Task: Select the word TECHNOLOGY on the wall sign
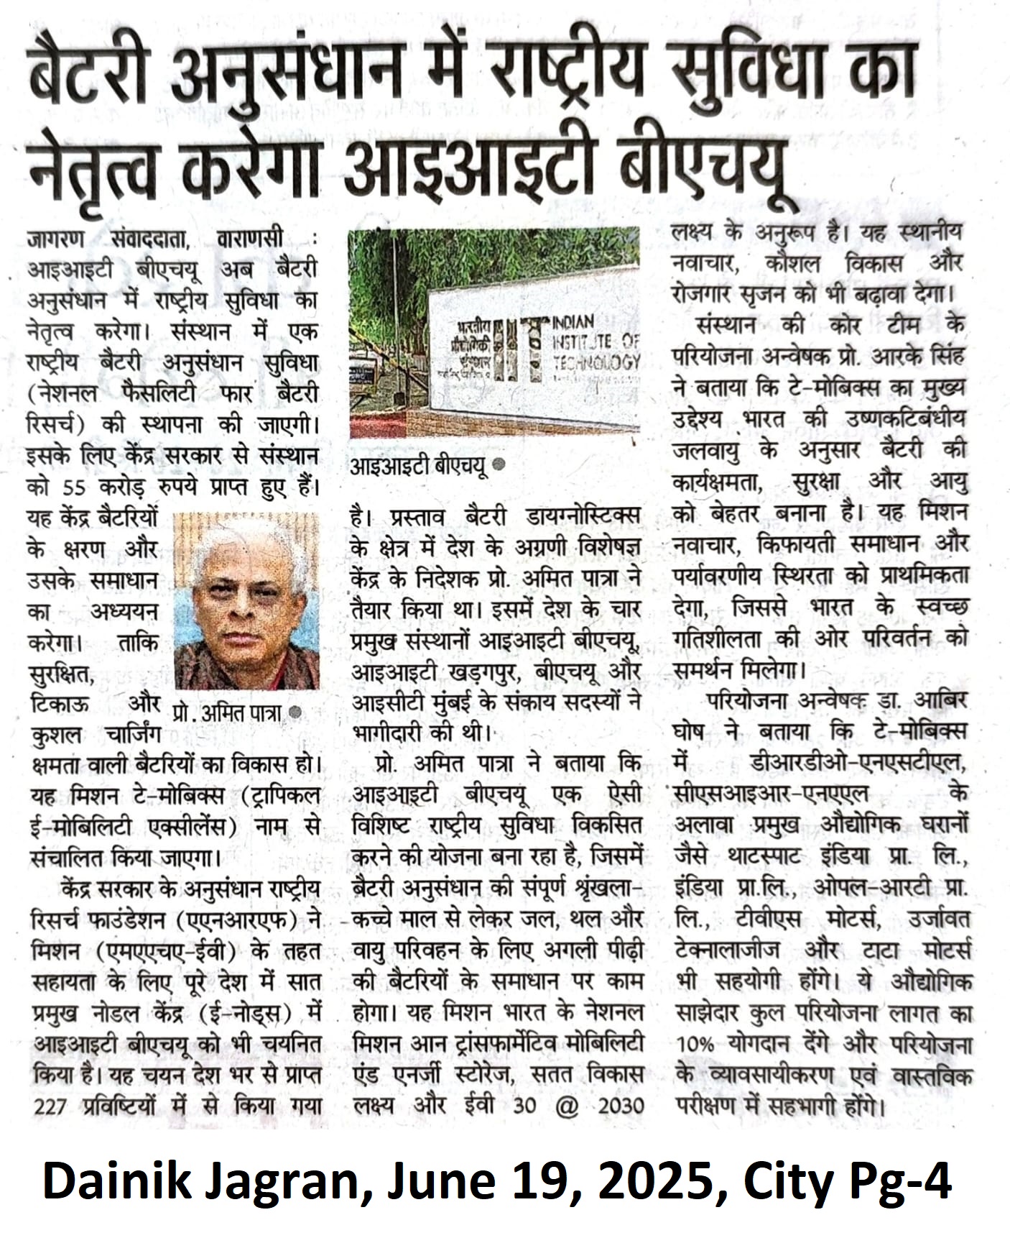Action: coord(596,362)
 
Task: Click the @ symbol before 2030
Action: coord(567,1105)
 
